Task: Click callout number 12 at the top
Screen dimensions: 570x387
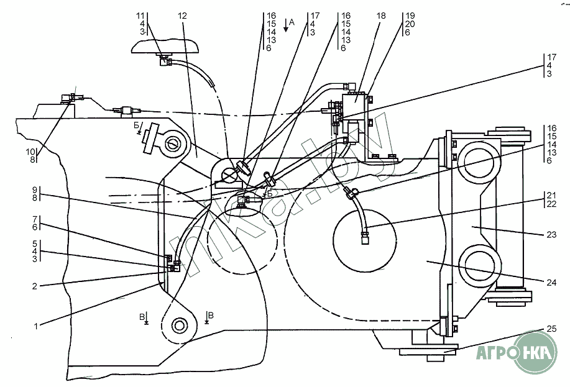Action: (x=183, y=16)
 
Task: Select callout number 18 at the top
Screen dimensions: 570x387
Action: (x=380, y=16)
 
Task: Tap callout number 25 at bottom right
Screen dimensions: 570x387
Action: (x=551, y=329)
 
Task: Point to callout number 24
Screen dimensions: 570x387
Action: (x=551, y=283)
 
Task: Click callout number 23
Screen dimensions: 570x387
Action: (x=551, y=234)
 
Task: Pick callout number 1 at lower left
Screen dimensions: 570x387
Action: (x=35, y=326)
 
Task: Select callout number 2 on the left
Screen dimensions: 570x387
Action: (x=35, y=286)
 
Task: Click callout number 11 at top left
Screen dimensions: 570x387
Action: (x=140, y=16)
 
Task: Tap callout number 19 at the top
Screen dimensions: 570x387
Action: (x=410, y=16)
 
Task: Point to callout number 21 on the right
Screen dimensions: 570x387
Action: (x=551, y=196)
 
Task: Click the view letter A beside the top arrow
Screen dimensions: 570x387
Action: (x=292, y=23)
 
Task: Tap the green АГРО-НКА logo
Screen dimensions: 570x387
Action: (x=517, y=352)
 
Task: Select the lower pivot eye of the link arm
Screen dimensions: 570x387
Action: (x=179, y=325)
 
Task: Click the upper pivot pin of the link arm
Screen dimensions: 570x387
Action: (x=172, y=144)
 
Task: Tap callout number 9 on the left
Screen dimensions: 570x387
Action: (x=35, y=189)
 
